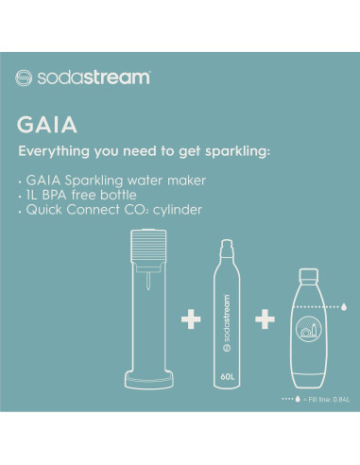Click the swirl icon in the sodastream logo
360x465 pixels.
click(x=24, y=77)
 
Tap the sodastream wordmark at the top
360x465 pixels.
click(x=92, y=77)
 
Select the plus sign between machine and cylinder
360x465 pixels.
click(x=191, y=321)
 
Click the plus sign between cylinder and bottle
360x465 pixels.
click(x=266, y=321)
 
